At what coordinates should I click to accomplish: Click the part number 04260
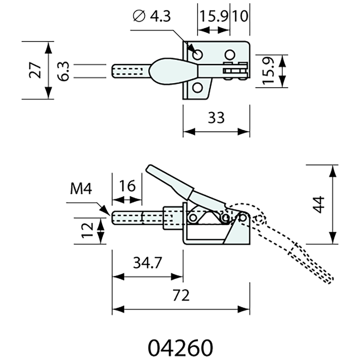pyautogui.click(x=180, y=347)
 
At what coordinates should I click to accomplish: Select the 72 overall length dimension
pyautogui.click(x=181, y=295)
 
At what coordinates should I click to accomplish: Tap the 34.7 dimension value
pyautogui.click(x=148, y=263)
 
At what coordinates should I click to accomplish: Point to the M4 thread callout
pyautogui.click(x=81, y=189)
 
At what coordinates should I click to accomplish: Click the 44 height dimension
pyautogui.click(x=319, y=205)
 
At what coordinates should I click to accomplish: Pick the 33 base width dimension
pyautogui.click(x=216, y=117)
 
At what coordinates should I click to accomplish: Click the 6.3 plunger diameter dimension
pyautogui.click(x=63, y=71)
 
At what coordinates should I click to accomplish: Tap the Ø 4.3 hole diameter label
pyautogui.click(x=152, y=16)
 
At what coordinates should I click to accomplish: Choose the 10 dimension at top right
pyautogui.click(x=240, y=16)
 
